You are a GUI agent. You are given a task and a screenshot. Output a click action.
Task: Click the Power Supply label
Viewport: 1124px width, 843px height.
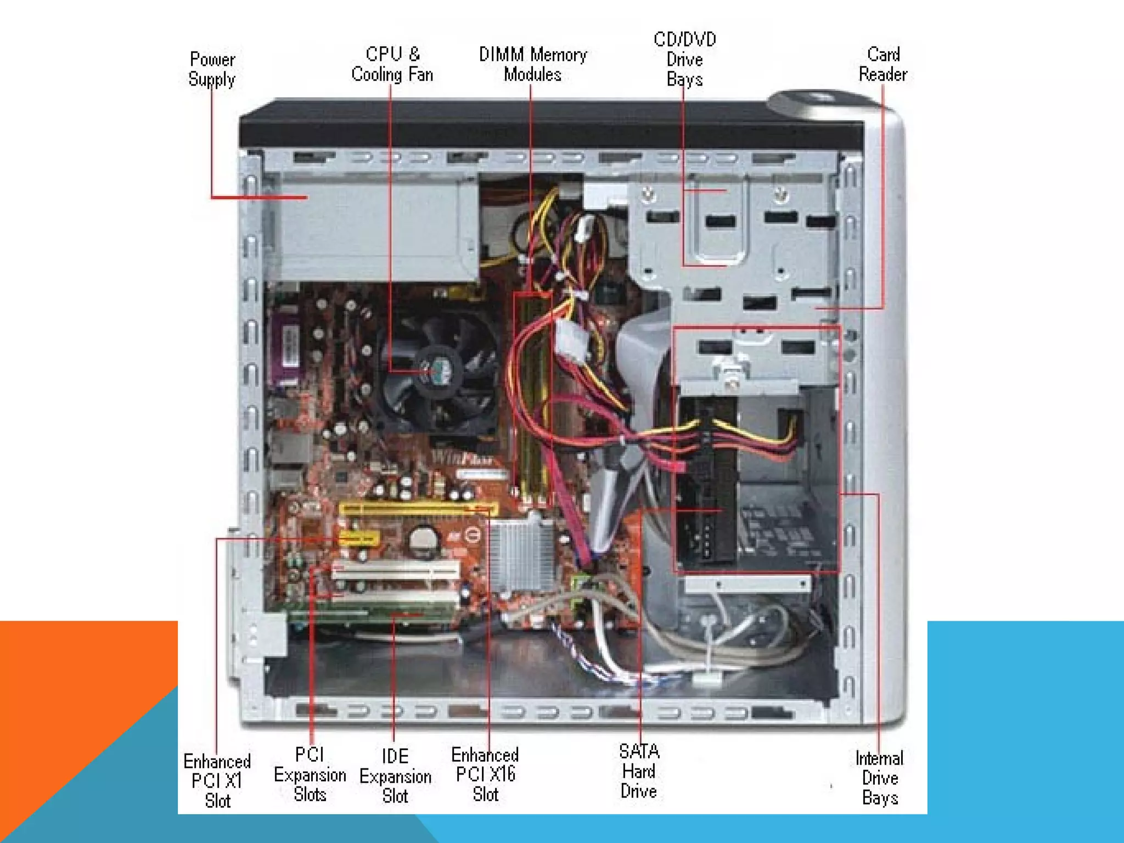point(212,69)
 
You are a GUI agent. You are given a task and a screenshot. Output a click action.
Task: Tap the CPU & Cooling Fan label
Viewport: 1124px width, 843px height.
point(392,64)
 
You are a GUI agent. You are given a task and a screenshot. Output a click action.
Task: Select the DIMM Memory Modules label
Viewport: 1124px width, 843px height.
point(532,64)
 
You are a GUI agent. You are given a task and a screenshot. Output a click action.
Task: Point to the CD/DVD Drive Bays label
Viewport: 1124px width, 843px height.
point(684,59)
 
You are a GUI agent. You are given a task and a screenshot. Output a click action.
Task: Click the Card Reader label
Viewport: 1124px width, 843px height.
point(883,64)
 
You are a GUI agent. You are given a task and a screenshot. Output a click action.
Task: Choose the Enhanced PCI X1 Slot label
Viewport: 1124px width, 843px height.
point(217,780)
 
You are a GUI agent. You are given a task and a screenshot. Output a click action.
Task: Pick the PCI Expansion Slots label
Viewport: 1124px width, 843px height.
point(310,774)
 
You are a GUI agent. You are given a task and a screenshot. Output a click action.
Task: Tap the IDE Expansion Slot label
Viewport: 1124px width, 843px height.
point(395,775)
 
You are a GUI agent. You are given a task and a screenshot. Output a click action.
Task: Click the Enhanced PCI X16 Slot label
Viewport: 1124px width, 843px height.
point(485,774)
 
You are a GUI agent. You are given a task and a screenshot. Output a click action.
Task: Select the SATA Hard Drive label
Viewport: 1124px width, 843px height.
point(639,771)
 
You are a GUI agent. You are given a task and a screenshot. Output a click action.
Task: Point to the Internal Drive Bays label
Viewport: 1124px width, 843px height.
point(879,778)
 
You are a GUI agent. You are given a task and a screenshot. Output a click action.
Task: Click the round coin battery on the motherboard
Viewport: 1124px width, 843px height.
point(423,540)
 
